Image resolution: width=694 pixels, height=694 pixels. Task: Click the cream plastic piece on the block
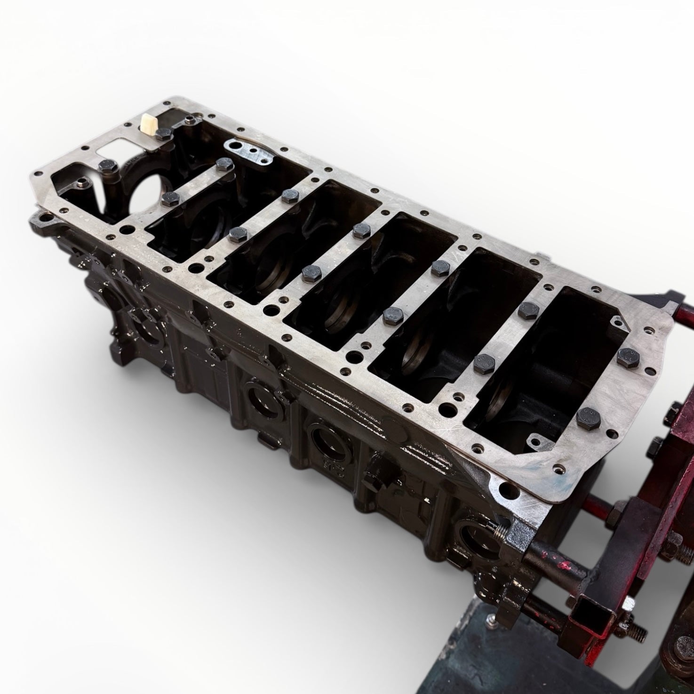click(147, 123)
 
